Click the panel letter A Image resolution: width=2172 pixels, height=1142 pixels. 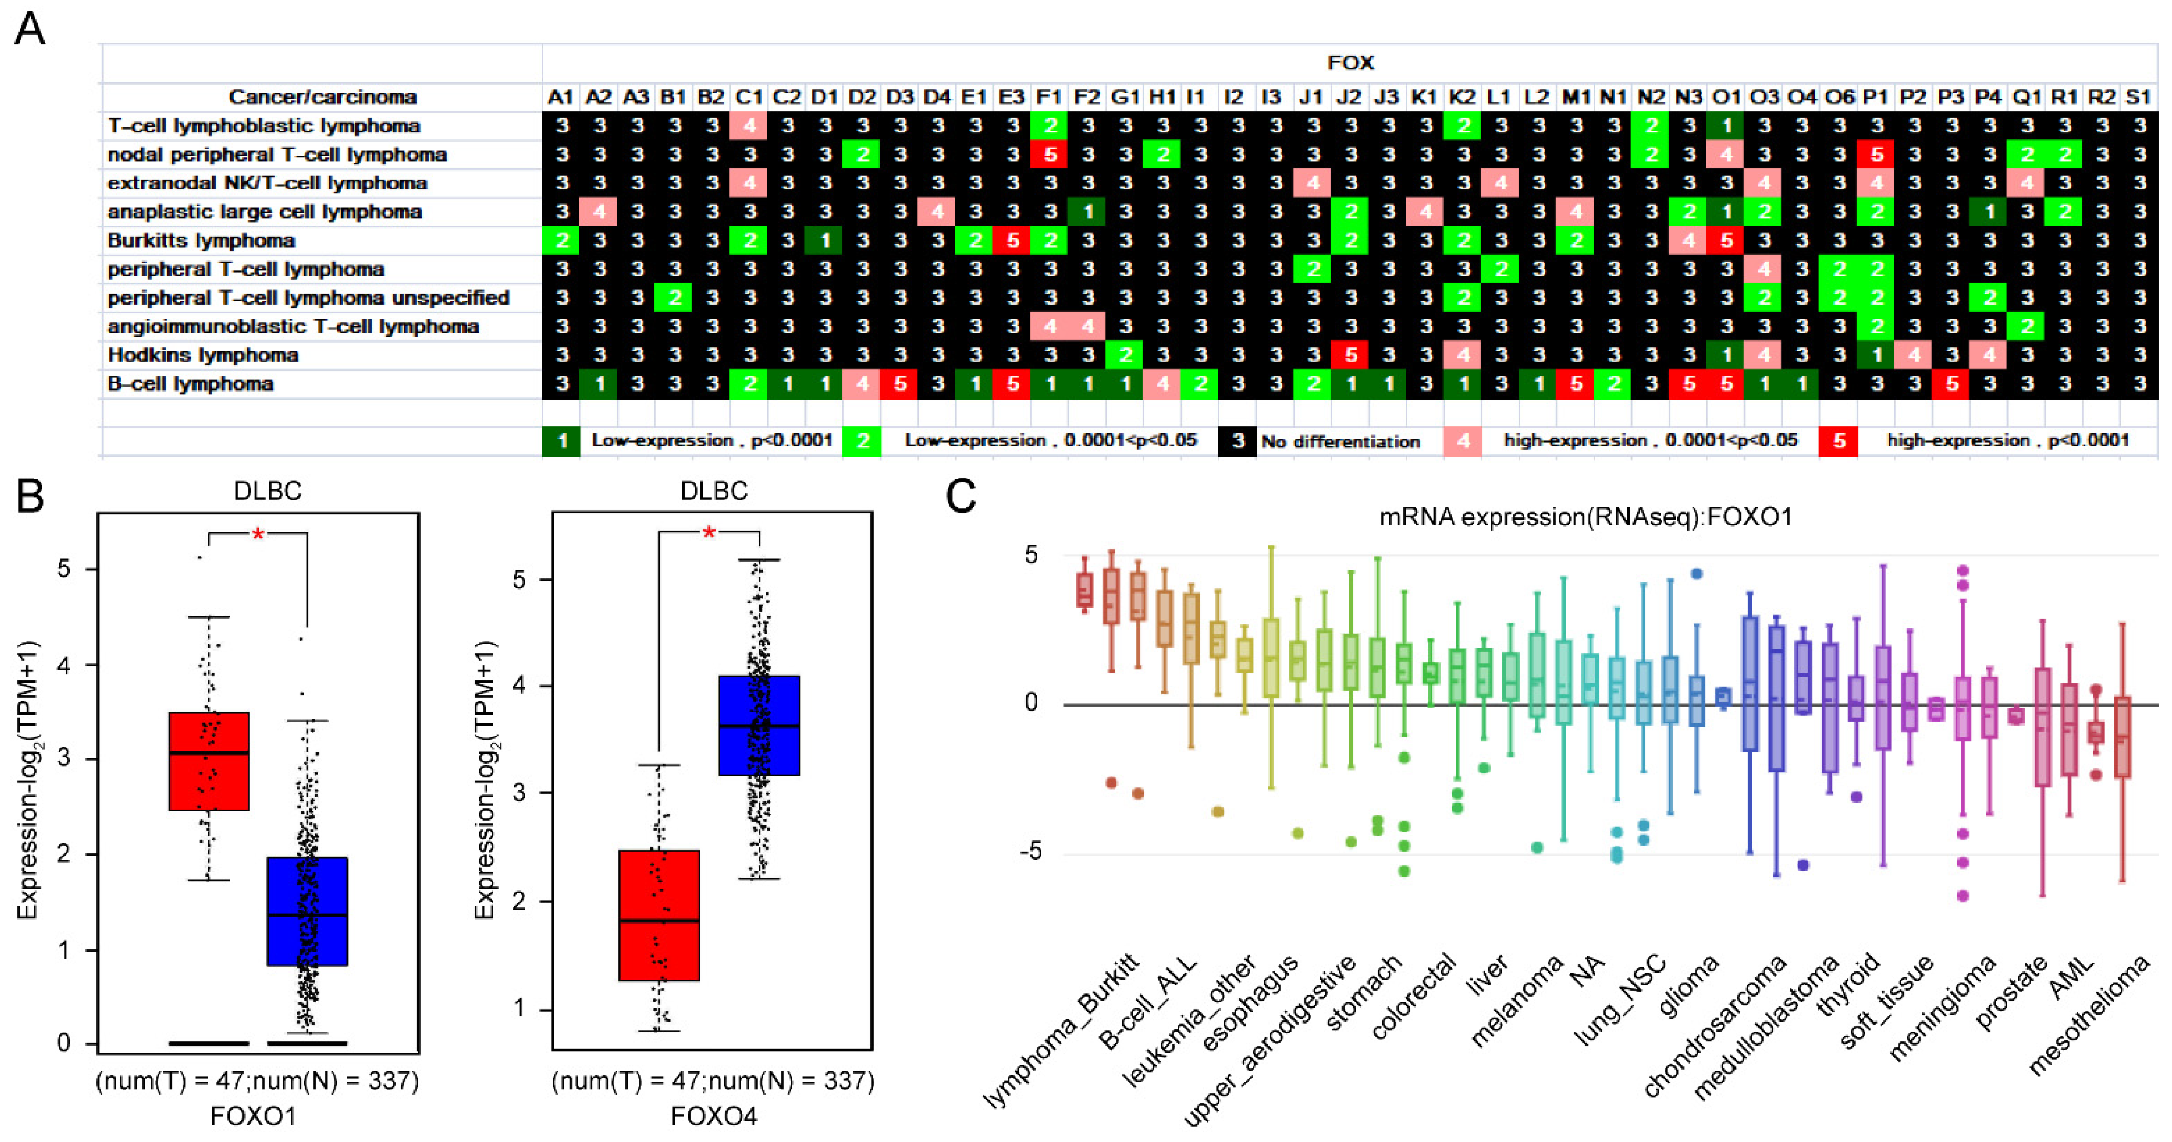pos(30,30)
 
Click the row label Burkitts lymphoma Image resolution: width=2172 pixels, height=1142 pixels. pos(201,240)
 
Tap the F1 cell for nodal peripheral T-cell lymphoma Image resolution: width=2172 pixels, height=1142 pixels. pos(1049,154)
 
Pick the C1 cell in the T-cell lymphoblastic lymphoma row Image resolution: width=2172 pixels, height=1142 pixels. pos(749,126)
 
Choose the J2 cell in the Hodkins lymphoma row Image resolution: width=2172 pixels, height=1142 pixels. pos(1350,355)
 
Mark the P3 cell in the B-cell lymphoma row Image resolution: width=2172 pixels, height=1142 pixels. pos(1950,384)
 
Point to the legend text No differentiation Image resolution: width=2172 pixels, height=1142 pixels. pos(1340,441)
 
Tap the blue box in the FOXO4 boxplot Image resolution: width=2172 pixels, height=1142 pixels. pos(759,725)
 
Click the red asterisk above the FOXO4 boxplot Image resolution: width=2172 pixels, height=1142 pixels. pos(709,533)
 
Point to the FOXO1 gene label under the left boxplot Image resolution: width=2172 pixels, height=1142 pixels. pos(253,1116)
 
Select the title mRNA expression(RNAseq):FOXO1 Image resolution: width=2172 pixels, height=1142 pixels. pos(1585,516)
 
